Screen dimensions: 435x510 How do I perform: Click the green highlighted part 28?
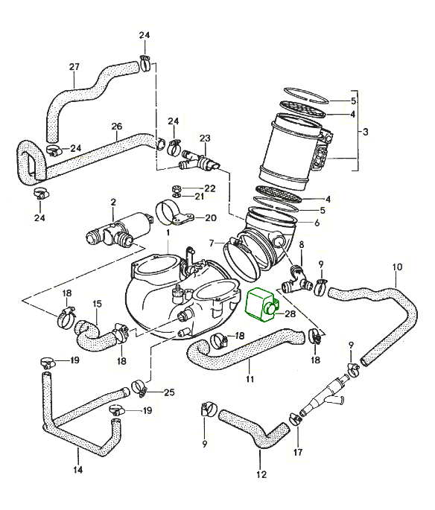(x=260, y=303)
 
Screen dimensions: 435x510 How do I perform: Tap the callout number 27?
(x=74, y=67)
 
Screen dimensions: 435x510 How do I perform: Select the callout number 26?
(x=117, y=127)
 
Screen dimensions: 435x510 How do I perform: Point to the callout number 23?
(x=205, y=138)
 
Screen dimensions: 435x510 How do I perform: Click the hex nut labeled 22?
(x=176, y=188)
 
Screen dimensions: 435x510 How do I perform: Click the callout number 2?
(x=113, y=202)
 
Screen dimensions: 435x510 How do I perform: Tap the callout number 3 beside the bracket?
(x=365, y=132)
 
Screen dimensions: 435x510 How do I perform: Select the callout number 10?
(x=397, y=267)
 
